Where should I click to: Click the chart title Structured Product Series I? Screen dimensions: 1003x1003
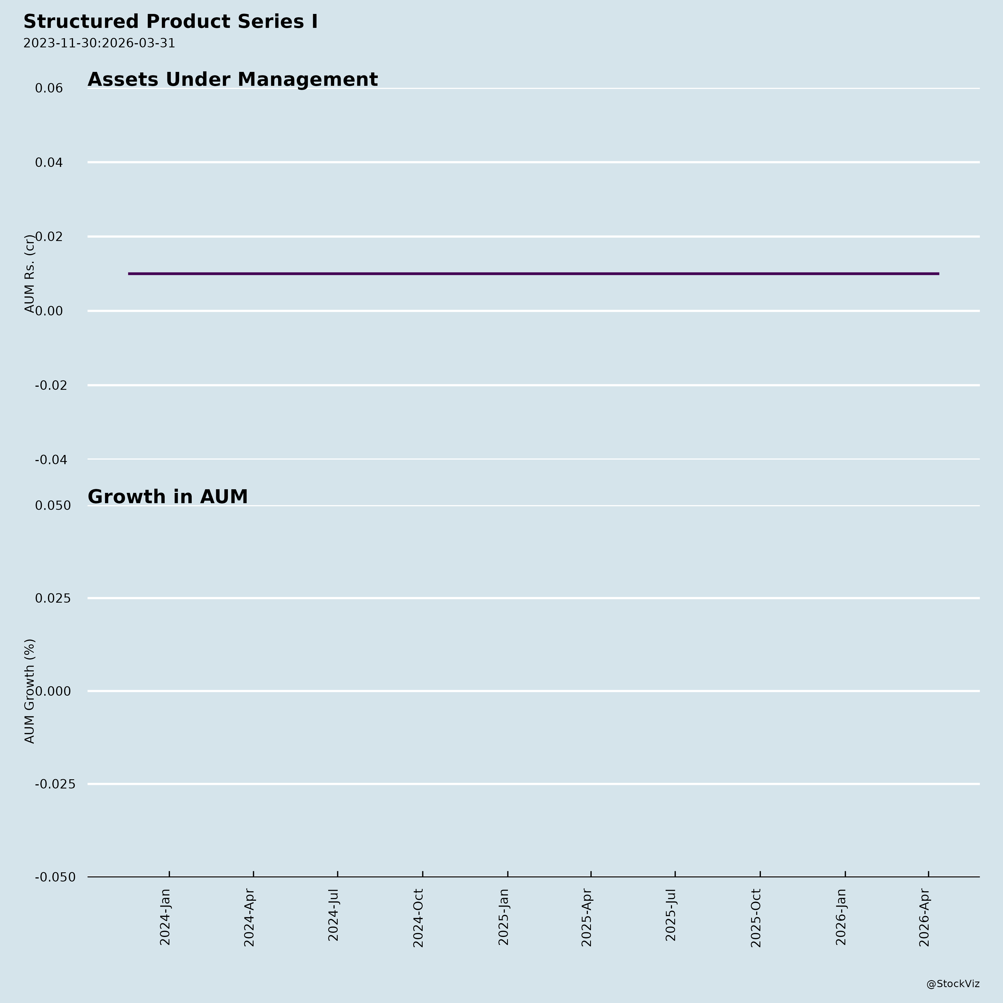tap(170, 22)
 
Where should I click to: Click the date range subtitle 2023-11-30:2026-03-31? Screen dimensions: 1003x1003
tap(99, 43)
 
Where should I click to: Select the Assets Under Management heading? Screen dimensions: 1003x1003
tap(233, 79)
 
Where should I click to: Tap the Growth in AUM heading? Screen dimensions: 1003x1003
tap(168, 497)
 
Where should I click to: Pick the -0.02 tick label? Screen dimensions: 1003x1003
tap(51, 385)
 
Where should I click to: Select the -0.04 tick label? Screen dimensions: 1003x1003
tap(51, 460)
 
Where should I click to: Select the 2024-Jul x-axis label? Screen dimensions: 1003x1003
tap(333, 915)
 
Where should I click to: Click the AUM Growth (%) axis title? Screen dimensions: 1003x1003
tap(30, 691)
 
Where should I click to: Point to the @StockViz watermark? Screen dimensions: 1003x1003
tap(953, 984)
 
